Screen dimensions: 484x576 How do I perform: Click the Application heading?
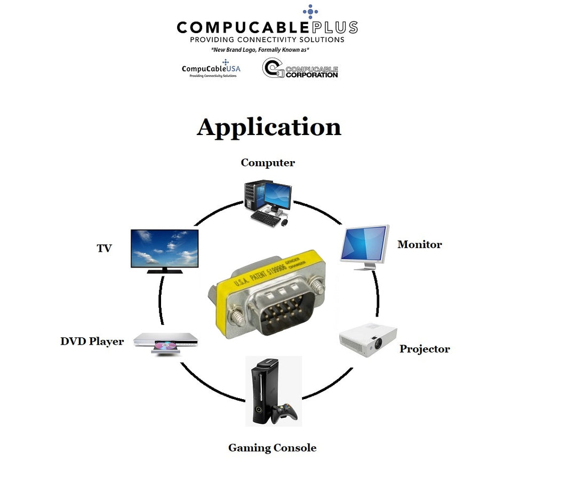tap(269, 128)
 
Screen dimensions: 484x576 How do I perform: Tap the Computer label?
tap(268, 163)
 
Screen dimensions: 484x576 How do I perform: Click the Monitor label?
tap(420, 244)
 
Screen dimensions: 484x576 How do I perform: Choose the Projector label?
tap(425, 349)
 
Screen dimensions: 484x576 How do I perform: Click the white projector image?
tap(368, 339)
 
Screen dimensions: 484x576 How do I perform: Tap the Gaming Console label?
tap(272, 448)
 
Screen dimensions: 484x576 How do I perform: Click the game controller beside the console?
tap(285, 412)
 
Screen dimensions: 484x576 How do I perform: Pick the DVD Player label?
tap(92, 342)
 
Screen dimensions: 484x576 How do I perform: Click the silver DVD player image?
tap(165, 342)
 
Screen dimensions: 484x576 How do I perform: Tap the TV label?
tap(104, 248)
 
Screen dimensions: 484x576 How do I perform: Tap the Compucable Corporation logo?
tap(300, 69)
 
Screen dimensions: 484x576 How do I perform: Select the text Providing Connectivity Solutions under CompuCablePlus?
tap(267, 39)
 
